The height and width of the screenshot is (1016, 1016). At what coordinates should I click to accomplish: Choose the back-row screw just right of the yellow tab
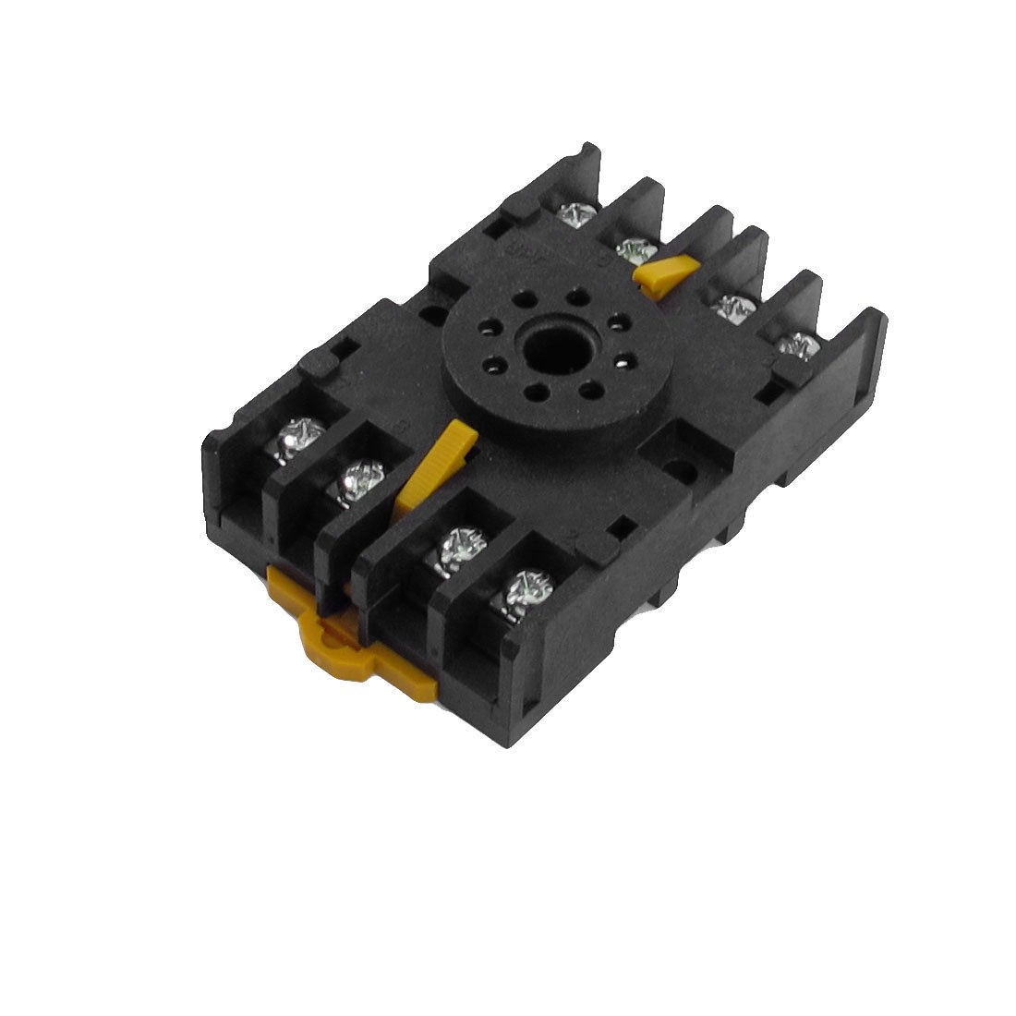pos(732,305)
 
